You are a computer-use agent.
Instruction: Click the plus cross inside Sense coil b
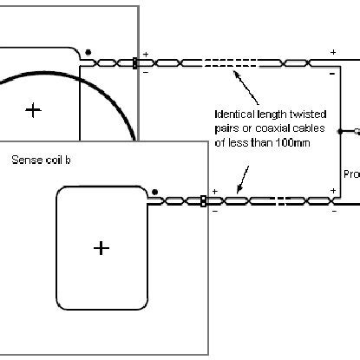click(101, 248)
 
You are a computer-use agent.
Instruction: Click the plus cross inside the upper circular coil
click(33, 109)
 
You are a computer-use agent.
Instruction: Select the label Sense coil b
click(40, 159)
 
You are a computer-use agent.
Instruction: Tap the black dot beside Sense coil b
click(154, 191)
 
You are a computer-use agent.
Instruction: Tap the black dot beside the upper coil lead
click(88, 52)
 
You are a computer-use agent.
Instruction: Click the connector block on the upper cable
click(134, 62)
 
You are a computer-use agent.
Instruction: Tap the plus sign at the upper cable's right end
click(333, 53)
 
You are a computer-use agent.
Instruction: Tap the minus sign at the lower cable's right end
click(333, 211)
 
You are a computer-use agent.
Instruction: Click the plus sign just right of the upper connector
click(145, 54)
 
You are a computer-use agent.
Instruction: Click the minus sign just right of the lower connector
click(214, 211)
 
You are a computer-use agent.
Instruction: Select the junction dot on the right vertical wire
click(344, 132)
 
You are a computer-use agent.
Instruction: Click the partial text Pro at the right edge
click(351, 173)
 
